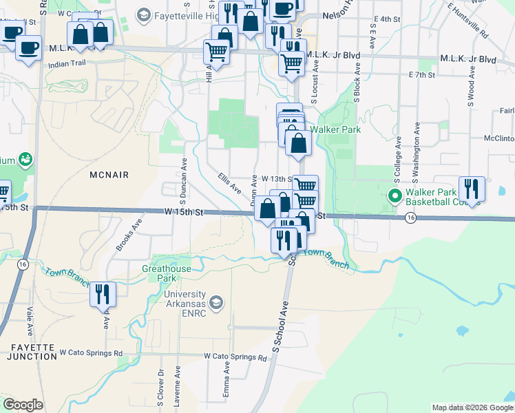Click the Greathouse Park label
click(159, 273)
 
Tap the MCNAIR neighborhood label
click(109, 176)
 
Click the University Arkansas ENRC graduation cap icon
click(216, 301)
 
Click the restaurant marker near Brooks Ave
click(103, 294)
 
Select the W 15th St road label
click(185, 213)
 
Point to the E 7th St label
click(423, 74)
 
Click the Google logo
click(23, 405)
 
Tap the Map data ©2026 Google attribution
click(472, 407)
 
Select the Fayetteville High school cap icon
click(144, 14)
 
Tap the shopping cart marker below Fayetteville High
click(217, 52)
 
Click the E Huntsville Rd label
click(467, 21)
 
